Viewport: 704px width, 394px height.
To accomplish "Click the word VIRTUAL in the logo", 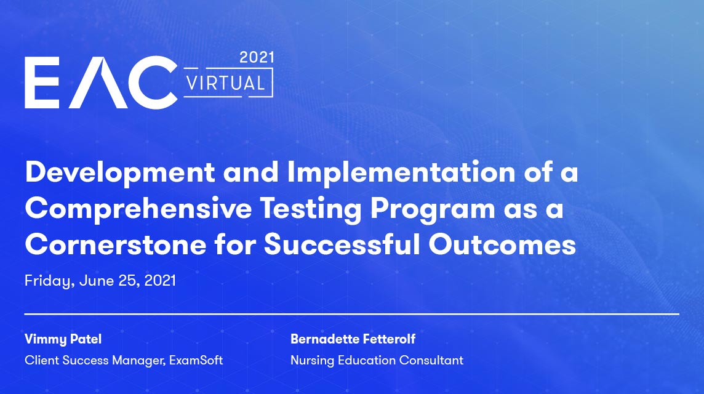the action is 225,83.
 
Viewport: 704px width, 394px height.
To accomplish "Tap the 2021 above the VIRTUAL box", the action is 257,57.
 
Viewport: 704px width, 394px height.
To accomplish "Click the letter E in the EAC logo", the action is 42,82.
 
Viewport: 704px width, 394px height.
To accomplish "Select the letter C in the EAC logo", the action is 152,82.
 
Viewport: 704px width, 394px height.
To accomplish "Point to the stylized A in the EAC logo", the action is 98,83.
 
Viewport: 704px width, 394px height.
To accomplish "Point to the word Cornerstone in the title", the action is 116,245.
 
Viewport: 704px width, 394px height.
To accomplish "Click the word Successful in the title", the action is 341,244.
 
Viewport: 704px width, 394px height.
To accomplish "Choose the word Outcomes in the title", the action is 502,245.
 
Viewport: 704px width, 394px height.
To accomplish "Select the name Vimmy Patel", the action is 63,339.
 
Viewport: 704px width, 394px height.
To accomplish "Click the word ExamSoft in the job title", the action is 196,360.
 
